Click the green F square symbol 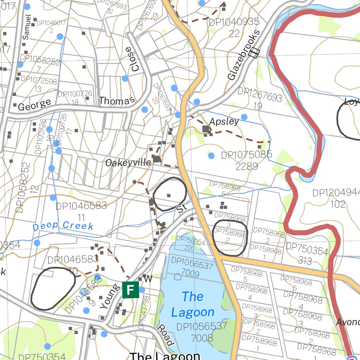point(130,290)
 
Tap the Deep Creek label point(63,226)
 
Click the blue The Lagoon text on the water point(192,304)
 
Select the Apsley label point(224,122)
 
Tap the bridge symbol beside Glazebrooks point(253,53)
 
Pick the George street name point(34,105)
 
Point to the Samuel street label point(27,27)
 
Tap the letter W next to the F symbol point(148,279)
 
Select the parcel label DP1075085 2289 point(246,160)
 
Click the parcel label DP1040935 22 point(234,27)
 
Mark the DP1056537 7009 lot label point(192,268)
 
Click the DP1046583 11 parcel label point(81,211)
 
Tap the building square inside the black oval point(169,195)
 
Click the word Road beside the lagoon point(165,335)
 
